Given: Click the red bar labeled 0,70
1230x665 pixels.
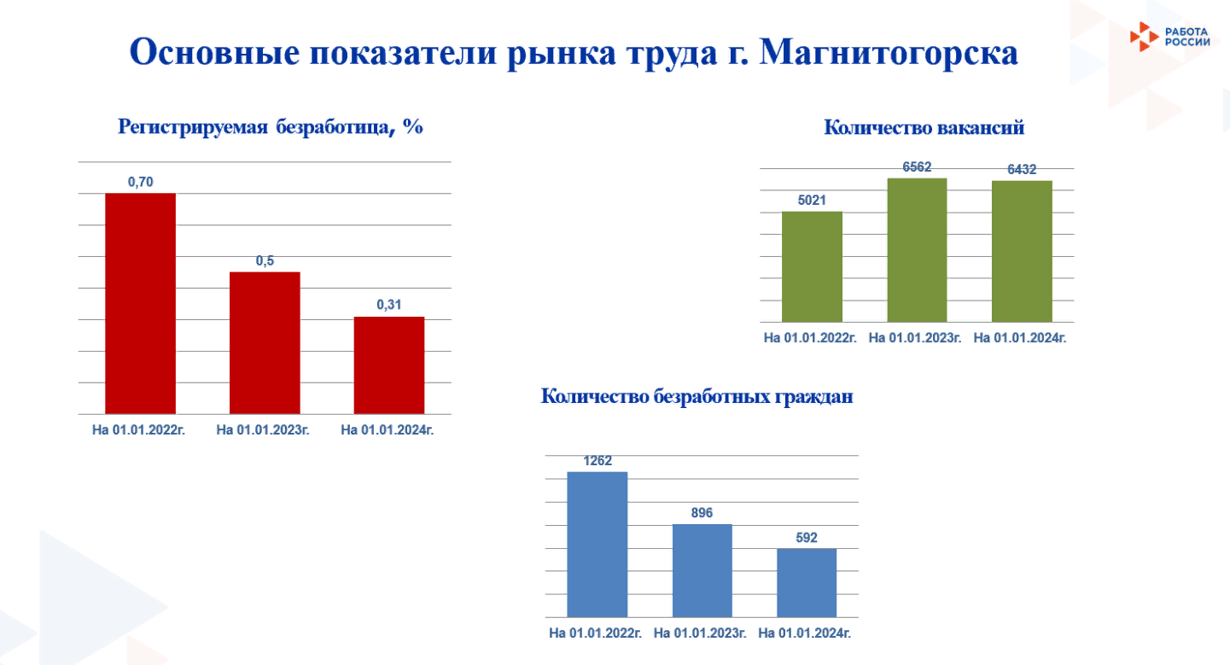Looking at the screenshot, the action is click(x=141, y=303).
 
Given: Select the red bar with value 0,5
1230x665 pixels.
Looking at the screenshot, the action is click(x=265, y=342).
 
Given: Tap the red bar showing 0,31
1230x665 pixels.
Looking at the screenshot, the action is click(x=388, y=365).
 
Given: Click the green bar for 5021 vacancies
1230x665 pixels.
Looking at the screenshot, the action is click(x=812, y=267).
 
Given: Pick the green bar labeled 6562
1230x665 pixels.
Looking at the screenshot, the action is click(x=917, y=250).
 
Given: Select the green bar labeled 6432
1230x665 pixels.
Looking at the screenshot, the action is click(x=1022, y=252).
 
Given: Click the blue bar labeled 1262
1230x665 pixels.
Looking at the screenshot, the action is click(x=598, y=544).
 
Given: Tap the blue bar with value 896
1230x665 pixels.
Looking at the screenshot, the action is click(x=702, y=570).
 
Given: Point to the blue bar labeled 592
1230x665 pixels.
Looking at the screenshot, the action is click(x=807, y=583).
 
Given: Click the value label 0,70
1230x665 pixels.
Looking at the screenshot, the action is click(x=141, y=182).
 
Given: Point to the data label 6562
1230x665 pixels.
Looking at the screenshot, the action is click(x=917, y=166).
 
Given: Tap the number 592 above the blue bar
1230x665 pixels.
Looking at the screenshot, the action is click(x=807, y=538).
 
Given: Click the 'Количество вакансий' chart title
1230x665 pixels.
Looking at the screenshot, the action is click(x=924, y=127).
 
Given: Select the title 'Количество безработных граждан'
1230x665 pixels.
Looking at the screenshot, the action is click(x=697, y=396).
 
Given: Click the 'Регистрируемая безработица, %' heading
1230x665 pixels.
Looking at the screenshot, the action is click(x=271, y=127).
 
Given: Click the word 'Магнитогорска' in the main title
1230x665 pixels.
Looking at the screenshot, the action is click(x=889, y=53).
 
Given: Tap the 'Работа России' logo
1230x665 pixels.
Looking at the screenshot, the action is click(x=1169, y=37).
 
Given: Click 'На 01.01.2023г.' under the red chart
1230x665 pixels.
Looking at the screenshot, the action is click(x=263, y=430).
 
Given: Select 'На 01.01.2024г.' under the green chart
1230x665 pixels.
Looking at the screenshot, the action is click(x=1020, y=338).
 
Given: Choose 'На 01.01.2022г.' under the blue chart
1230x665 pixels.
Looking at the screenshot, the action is click(x=596, y=633).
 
